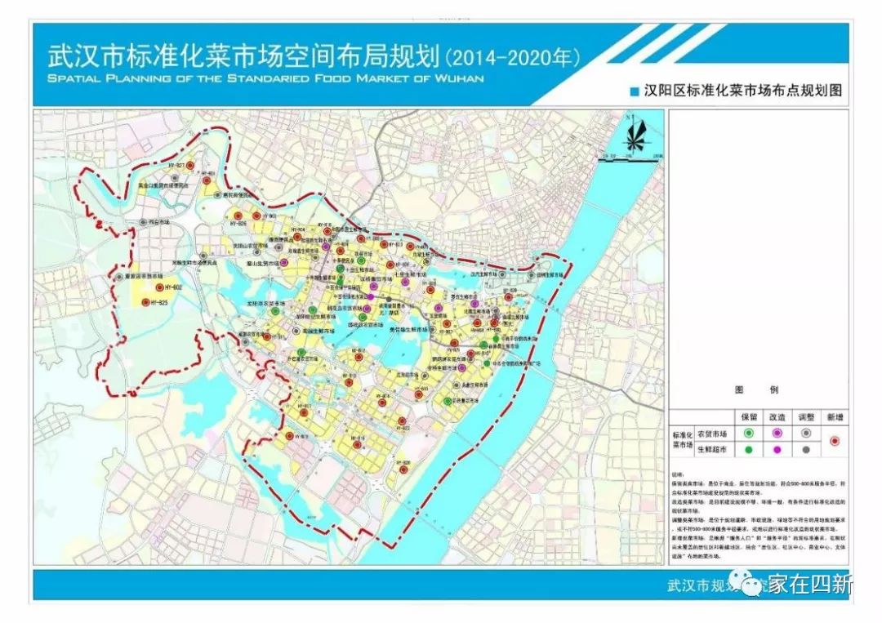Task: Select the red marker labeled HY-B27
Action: click(189, 166)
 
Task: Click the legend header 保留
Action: click(748, 416)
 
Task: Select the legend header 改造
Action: click(777, 416)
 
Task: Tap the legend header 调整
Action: click(806, 416)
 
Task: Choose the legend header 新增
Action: click(834, 416)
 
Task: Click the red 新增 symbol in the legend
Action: click(834, 441)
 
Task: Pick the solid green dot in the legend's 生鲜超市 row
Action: click(748, 449)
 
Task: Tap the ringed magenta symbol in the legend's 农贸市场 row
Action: click(777, 433)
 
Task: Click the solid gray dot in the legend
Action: click(806, 449)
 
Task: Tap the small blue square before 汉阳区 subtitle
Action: click(633, 92)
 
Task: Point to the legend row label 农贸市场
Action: click(713, 433)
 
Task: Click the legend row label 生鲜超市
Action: click(713, 449)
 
